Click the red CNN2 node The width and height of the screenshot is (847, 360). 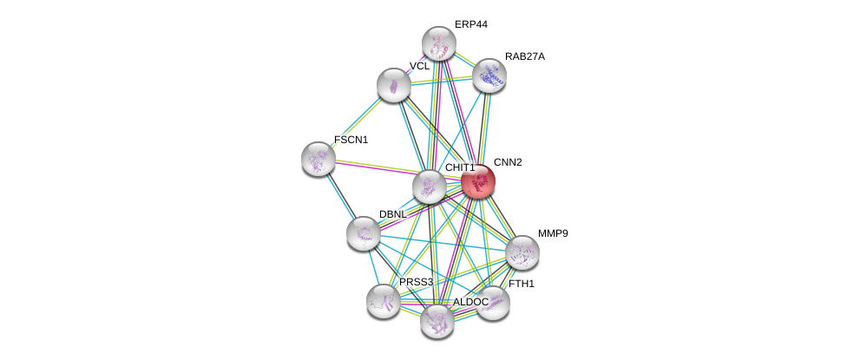coord(477,181)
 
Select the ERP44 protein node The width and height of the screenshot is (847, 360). coord(439,43)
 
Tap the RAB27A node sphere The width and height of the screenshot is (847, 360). coord(489,75)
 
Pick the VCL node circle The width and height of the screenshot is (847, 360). coord(394,85)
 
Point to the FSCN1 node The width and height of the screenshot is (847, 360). coord(318,158)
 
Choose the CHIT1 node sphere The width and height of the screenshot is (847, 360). coord(429,186)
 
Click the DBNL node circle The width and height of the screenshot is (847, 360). coord(363,232)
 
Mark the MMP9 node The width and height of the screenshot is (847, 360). coord(522,252)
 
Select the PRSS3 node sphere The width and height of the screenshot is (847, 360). coord(383,300)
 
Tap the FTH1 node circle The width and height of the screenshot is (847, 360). coord(493,303)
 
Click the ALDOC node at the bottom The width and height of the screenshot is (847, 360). coord(437,321)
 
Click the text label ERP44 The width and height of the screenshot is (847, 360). coord(471,24)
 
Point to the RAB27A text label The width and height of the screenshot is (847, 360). coord(525,56)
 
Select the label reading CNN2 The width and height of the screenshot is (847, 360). coord(508,162)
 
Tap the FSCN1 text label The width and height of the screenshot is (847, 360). coord(351,140)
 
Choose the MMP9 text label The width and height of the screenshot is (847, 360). coord(553,233)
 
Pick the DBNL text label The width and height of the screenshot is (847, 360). coord(392,214)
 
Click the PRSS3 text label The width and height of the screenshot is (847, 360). coord(416,282)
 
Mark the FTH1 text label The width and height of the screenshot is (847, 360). coord(522,284)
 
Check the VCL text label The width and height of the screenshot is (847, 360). coord(420,67)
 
